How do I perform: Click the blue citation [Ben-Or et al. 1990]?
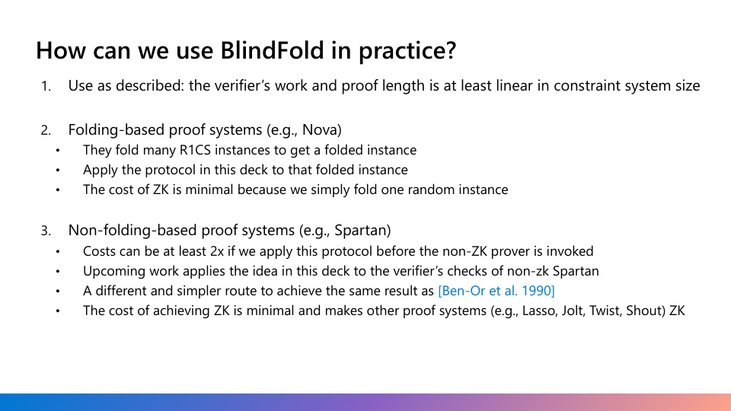pyautogui.click(x=496, y=291)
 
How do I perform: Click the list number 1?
pyautogui.click(x=46, y=87)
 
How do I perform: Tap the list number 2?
pyautogui.click(x=46, y=130)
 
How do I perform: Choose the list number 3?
pyautogui.click(x=46, y=231)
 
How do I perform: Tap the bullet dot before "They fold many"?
pyautogui.click(x=58, y=151)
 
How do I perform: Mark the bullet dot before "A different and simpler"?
pyautogui.click(x=58, y=291)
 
